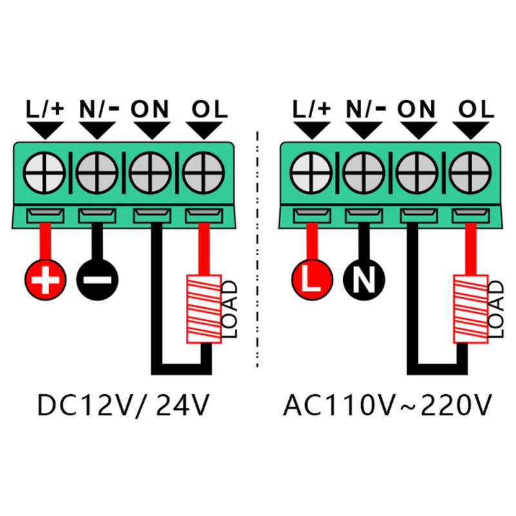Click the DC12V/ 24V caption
coord(123,406)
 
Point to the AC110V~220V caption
coord(387,406)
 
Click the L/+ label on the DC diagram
coord(45,108)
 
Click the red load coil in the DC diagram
coord(204,309)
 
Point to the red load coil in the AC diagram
coord(470,309)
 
